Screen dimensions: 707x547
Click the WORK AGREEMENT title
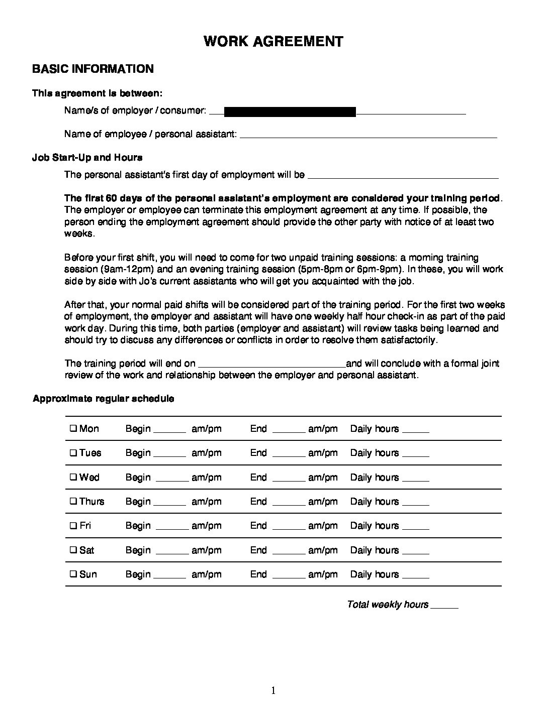point(273,41)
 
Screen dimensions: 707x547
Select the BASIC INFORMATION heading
point(93,69)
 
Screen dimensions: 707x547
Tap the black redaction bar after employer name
point(290,111)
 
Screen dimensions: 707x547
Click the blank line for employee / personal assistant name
point(369,136)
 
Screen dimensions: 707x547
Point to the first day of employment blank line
point(402,177)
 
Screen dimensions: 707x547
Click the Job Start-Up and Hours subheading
point(87,158)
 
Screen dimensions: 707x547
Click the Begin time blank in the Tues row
point(169,455)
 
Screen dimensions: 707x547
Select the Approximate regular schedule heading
point(104,399)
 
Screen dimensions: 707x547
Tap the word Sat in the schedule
point(86,550)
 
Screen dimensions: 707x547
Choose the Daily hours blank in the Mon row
point(416,431)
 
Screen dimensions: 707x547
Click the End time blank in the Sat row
point(289,552)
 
